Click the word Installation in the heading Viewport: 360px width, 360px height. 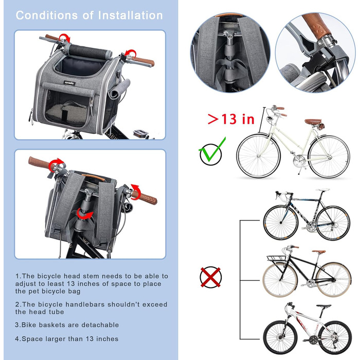click(131, 15)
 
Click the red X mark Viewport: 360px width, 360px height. click(210, 277)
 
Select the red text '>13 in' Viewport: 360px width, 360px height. click(231, 119)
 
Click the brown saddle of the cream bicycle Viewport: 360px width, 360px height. click(313, 121)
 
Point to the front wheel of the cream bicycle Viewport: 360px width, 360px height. click(258, 156)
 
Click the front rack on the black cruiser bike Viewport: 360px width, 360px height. click(277, 258)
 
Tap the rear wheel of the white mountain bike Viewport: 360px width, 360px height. click(335, 337)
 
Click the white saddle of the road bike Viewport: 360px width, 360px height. click(322, 190)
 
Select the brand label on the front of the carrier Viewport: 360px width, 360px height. click(69, 83)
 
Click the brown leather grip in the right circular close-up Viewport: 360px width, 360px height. click(316, 26)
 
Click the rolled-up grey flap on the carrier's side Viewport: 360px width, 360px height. click(119, 89)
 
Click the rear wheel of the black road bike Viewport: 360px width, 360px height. click(333, 223)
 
